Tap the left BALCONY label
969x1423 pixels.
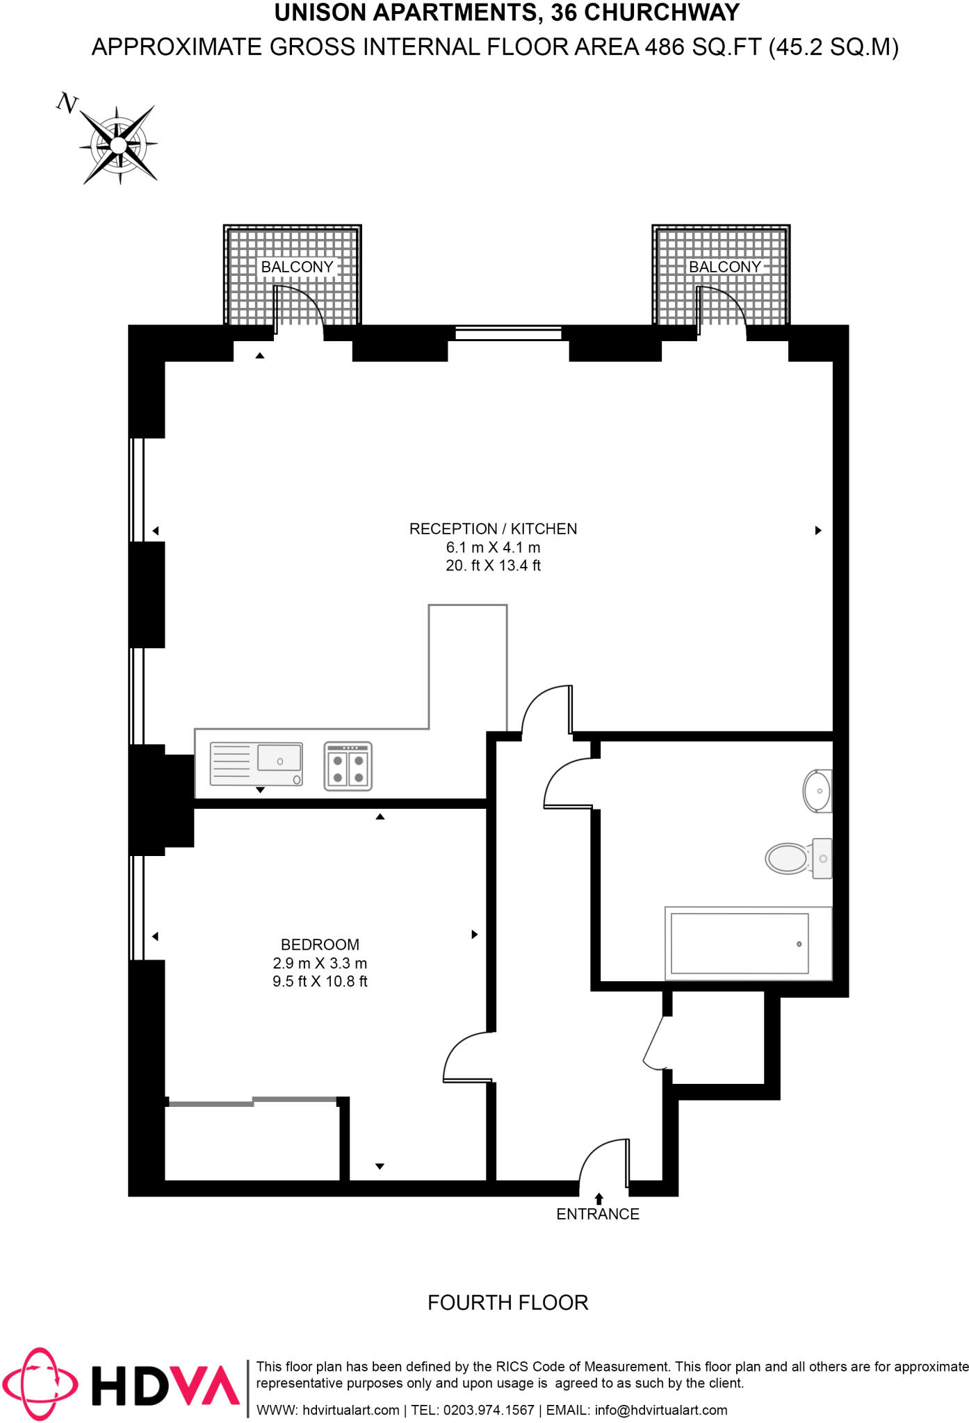click(297, 267)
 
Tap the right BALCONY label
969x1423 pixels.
click(724, 267)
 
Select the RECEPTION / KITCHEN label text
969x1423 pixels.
click(493, 529)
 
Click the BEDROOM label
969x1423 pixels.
click(320, 944)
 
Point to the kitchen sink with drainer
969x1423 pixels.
click(256, 764)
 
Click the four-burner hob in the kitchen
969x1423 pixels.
click(348, 766)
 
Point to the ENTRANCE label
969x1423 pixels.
click(598, 1214)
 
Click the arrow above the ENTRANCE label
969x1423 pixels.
click(598, 1198)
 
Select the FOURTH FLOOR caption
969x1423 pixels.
click(507, 1302)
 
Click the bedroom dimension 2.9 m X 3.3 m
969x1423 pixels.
click(320, 963)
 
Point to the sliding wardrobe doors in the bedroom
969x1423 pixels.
click(253, 1101)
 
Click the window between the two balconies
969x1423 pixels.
click(508, 334)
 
